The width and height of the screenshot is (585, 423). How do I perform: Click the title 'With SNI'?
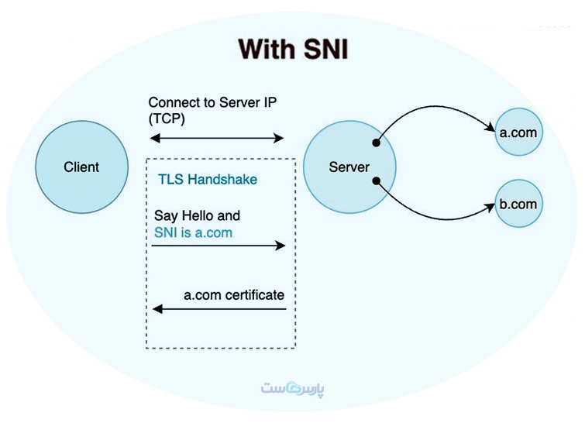click(x=293, y=49)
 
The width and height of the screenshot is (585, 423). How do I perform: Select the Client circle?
click(x=81, y=167)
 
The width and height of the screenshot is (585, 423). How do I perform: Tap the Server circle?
click(x=349, y=167)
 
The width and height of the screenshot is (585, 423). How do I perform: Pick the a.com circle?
click(x=518, y=132)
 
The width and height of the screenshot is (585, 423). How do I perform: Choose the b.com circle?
click(x=518, y=204)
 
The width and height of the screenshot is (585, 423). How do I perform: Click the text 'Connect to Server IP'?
click(x=212, y=102)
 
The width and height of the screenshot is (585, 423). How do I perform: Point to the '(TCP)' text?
click(x=167, y=119)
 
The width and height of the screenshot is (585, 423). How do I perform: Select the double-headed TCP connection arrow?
click(x=217, y=139)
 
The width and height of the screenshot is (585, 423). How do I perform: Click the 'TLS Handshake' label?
click(x=208, y=180)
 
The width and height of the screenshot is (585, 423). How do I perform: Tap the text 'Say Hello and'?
click(x=197, y=215)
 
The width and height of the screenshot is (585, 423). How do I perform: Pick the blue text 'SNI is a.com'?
click(x=193, y=232)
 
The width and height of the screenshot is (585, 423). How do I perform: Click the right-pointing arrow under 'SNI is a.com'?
click(x=219, y=246)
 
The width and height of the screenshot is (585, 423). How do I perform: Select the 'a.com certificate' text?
click(x=234, y=295)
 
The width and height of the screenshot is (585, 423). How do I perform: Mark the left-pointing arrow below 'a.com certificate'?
click(x=219, y=309)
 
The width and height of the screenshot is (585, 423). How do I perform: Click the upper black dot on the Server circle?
click(x=377, y=143)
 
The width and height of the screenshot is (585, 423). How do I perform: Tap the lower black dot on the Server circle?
click(x=377, y=181)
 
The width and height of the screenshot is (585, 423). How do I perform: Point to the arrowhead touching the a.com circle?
click(x=490, y=126)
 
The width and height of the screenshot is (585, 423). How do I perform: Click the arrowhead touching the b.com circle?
click(x=490, y=208)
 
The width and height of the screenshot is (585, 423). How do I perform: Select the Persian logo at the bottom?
click(x=293, y=388)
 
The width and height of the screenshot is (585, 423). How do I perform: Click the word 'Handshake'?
click(x=222, y=180)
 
